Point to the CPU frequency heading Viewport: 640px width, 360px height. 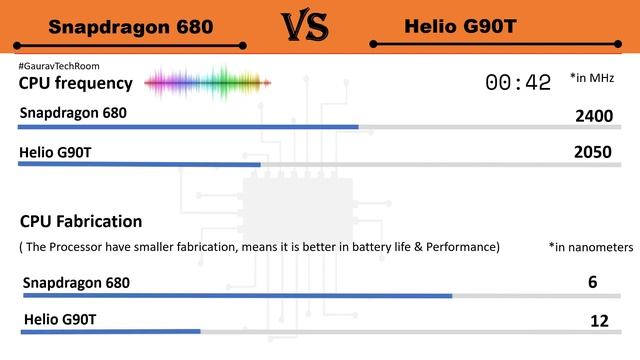pyautogui.click(x=75, y=83)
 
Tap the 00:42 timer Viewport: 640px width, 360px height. pyautogui.click(x=518, y=83)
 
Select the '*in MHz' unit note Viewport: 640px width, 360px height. pyautogui.click(x=591, y=78)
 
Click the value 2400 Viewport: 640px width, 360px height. pyautogui.click(x=594, y=116)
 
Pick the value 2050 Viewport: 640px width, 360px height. pyautogui.click(x=594, y=153)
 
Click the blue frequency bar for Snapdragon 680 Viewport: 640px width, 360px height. pyautogui.click(x=188, y=127)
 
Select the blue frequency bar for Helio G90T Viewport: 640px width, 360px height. pyautogui.click(x=139, y=164)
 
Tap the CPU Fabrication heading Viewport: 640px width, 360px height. pyautogui.click(x=80, y=221)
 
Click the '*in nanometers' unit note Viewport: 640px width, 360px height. pyautogui.click(x=591, y=246)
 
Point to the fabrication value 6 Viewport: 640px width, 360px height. pyautogui.click(x=592, y=283)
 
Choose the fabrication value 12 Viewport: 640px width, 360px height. pyautogui.click(x=599, y=320)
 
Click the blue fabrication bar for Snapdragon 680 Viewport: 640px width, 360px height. pyautogui.click(x=236, y=295)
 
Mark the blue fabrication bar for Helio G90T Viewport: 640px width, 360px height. pyautogui.click(x=110, y=331)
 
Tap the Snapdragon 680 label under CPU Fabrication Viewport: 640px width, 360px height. pyautogui.click(x=76, y=283)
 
